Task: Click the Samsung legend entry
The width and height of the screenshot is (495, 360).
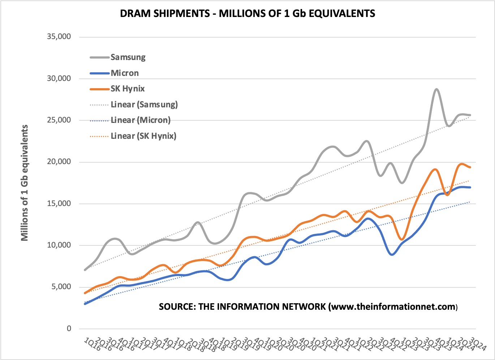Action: [128, 57]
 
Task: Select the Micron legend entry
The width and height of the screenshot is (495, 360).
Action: [125, 73]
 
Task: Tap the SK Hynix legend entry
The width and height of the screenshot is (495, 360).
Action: [128, 89]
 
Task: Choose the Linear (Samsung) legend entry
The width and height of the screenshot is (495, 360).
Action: [144, 104]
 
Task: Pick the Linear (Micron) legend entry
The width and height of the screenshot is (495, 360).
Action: [140, 120]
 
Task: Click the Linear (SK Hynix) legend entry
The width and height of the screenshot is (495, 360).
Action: [143, 136]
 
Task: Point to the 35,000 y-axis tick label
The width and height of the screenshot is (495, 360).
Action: [59, 37]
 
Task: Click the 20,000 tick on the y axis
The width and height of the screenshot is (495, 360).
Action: [59, 162]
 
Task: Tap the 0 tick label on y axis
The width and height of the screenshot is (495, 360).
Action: [69, 329]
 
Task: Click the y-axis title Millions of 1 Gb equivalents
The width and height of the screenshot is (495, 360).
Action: [25, 183]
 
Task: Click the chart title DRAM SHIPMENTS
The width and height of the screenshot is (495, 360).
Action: [247, 13]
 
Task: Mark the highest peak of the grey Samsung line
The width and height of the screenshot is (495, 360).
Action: [436, 89]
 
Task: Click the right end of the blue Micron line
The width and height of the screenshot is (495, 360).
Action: [470, 187]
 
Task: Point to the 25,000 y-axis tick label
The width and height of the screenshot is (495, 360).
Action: [59, 120]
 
